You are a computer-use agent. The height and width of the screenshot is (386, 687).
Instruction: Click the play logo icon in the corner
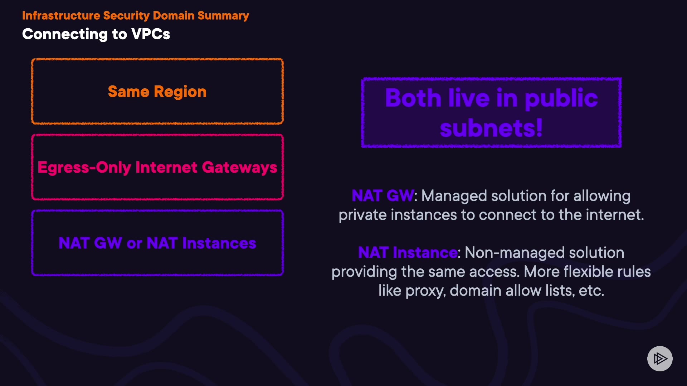[x=660, y=358]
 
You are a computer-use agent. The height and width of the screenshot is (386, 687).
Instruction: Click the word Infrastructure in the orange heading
[x=61, y=16]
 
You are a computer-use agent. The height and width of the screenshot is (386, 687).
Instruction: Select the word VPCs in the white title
[x=151, y=34]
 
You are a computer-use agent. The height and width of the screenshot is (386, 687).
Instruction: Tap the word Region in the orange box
[x=180, y=92]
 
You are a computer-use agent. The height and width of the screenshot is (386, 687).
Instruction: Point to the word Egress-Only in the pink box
[x=84, y=168]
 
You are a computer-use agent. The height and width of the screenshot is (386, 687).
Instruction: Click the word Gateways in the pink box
[x=239, y=168]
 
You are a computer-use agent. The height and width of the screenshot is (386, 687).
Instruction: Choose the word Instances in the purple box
[x=219, y=243]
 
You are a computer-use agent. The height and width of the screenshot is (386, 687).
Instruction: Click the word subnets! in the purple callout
[x=491, y=128]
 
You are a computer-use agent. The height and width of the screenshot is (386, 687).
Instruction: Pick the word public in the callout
[x=561, y=98]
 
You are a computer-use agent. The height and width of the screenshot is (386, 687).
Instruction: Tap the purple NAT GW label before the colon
[x=383, y=196]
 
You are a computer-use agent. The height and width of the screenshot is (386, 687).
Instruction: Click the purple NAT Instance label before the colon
[x=408, y=253]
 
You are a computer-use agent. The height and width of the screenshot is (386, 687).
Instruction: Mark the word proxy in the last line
[x=425, y=291]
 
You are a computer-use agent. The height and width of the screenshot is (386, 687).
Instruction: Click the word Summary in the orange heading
[x=223, y=16]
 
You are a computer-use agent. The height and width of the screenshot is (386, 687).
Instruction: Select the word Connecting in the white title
[x=65, y=34]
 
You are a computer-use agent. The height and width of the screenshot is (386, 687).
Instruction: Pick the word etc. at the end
[x=591, y=291]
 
